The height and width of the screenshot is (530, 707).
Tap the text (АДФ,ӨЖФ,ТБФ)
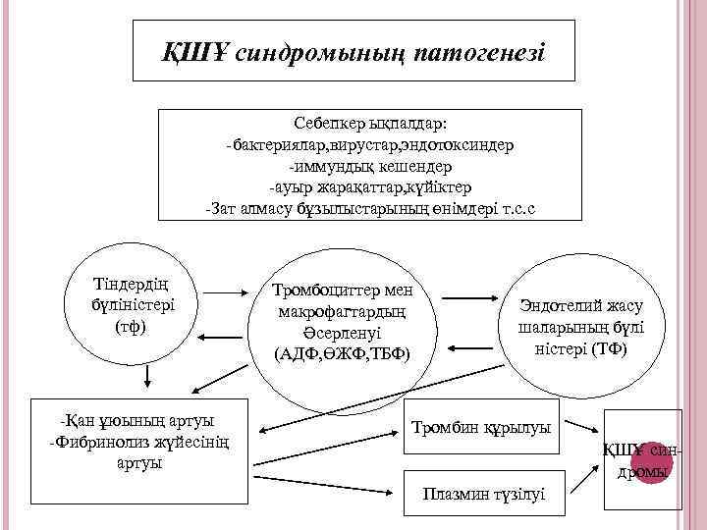(x=343, y=352)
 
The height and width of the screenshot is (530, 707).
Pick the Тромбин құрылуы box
(x=481, y=427)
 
